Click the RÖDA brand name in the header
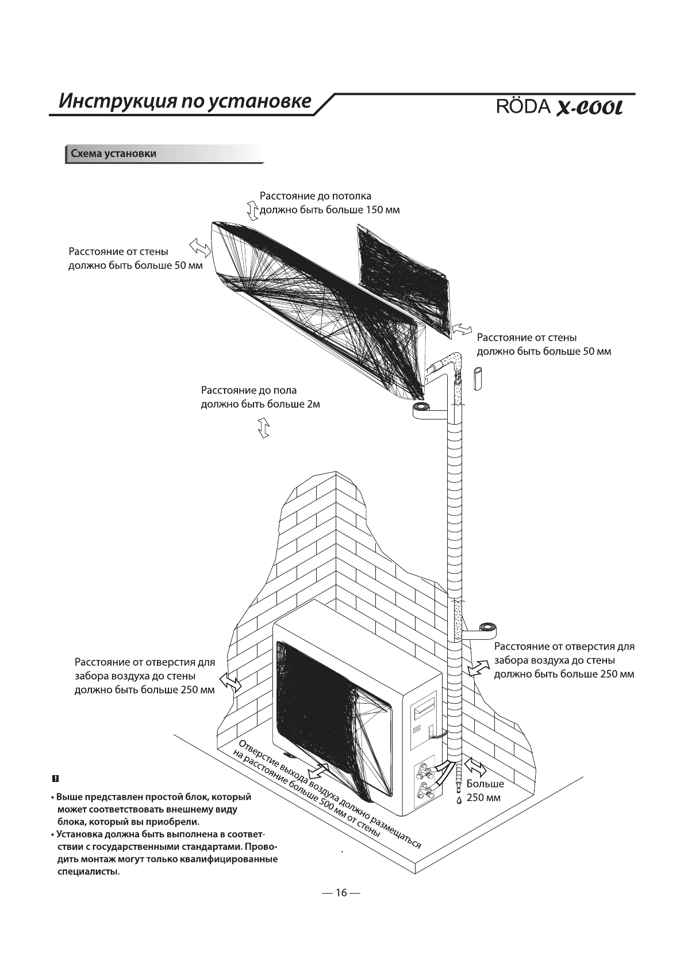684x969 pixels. point(522,108)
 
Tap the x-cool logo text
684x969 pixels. point(589,108)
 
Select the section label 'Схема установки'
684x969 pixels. point(113,154)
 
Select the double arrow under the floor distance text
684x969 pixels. point(264,429)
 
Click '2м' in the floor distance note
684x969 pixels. point(313,405)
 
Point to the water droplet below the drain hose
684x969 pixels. point(459,800)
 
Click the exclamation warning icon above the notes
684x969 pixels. point(55,779)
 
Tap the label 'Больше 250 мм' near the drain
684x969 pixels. point(485,791)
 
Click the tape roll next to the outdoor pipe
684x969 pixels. point(489,628)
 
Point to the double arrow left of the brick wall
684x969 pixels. point(231,682)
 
